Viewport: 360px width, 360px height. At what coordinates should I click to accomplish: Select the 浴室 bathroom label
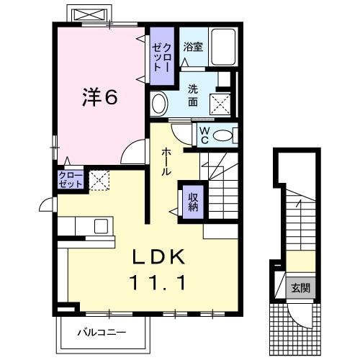192,48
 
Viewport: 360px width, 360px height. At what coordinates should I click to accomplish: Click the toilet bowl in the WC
225,135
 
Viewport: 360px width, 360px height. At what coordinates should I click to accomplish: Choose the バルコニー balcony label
102,333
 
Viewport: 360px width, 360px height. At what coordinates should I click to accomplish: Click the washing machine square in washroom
222,103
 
